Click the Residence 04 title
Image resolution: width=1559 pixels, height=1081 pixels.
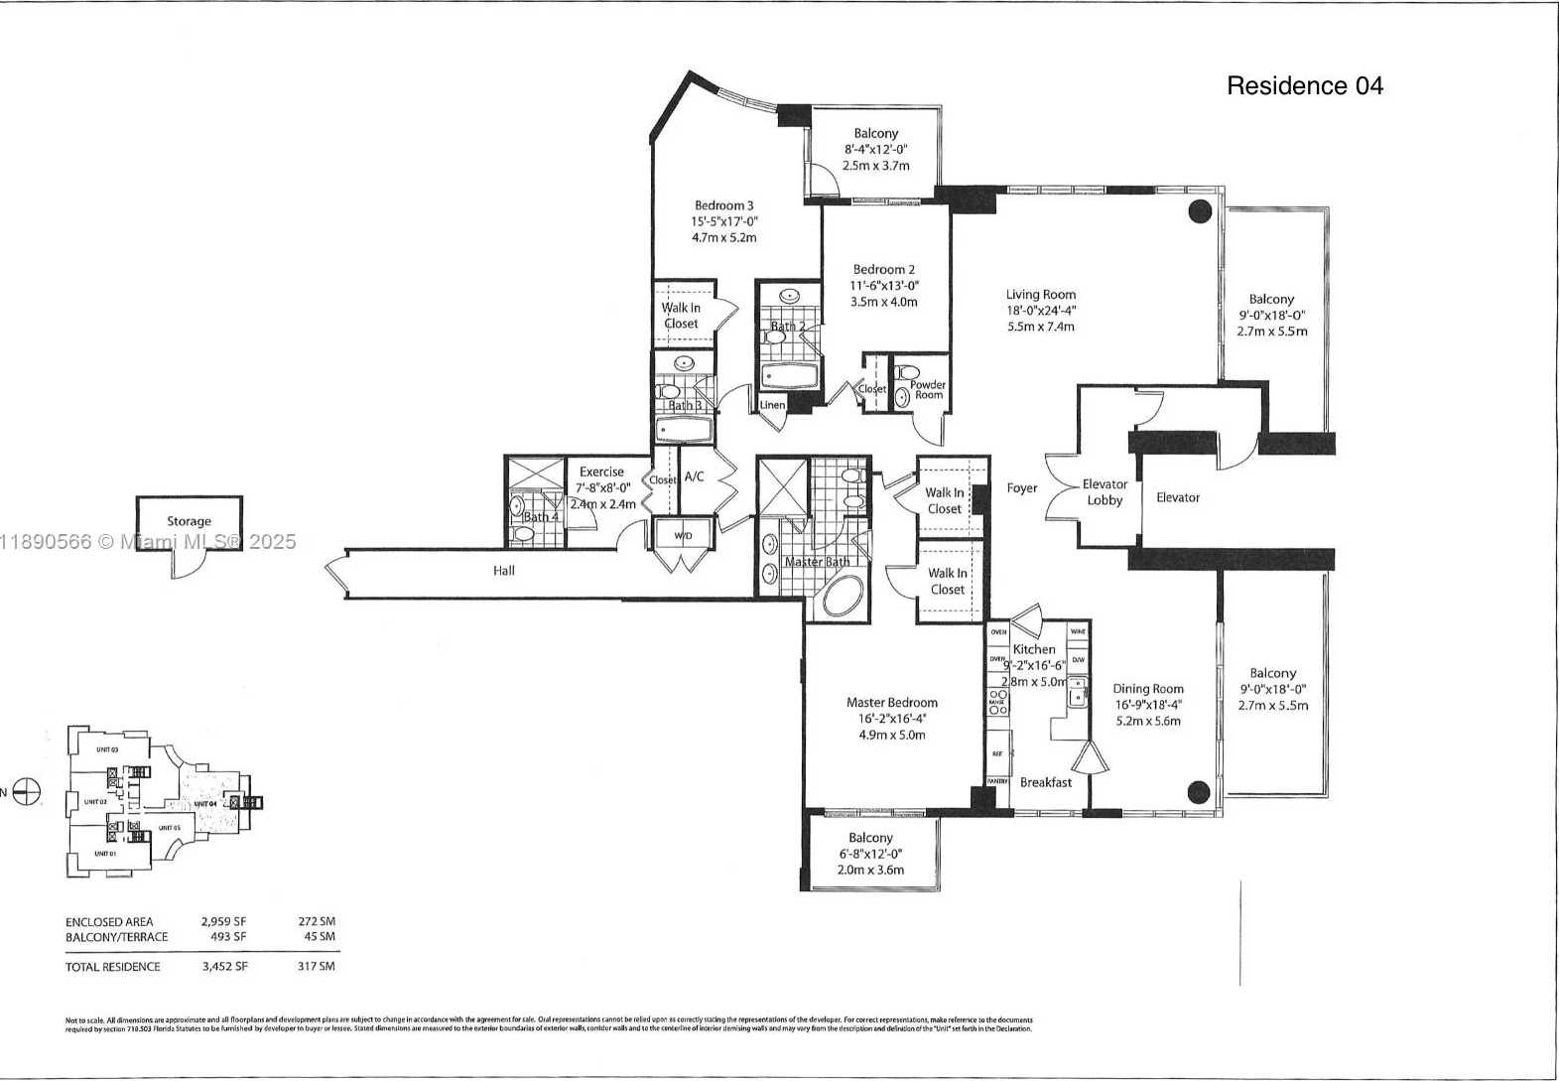tap(1304, 86)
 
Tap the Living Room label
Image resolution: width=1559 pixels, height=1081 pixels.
tap(1040, 295)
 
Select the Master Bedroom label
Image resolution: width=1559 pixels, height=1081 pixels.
tap(891, 703)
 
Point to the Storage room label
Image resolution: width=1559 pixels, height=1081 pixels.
tap(189, 521)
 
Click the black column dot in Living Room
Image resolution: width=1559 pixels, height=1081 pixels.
tap(1200, 210)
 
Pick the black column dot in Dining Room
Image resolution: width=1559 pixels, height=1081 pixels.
tap(1199, 791)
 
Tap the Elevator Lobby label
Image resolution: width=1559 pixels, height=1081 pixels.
tap(1104, 492)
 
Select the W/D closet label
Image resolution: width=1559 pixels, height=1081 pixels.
tap(684, 536)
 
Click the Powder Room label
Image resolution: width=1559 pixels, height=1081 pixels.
tap(928, 390)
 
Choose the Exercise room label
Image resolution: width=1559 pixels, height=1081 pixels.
tap(601, 473)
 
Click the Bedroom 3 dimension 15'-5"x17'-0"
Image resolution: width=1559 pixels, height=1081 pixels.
tap(724, 222)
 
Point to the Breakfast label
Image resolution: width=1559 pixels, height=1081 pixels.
tap(1046, 782)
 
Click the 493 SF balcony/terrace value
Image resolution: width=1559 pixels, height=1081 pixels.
tap(227, 937)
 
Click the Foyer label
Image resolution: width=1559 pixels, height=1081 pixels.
tap(1021, 488)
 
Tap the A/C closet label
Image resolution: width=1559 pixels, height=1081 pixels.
tap(694, 477)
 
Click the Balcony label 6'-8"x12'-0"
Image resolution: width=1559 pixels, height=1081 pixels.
tap(870, 855)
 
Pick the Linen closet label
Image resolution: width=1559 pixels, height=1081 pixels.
tap(772, 405)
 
